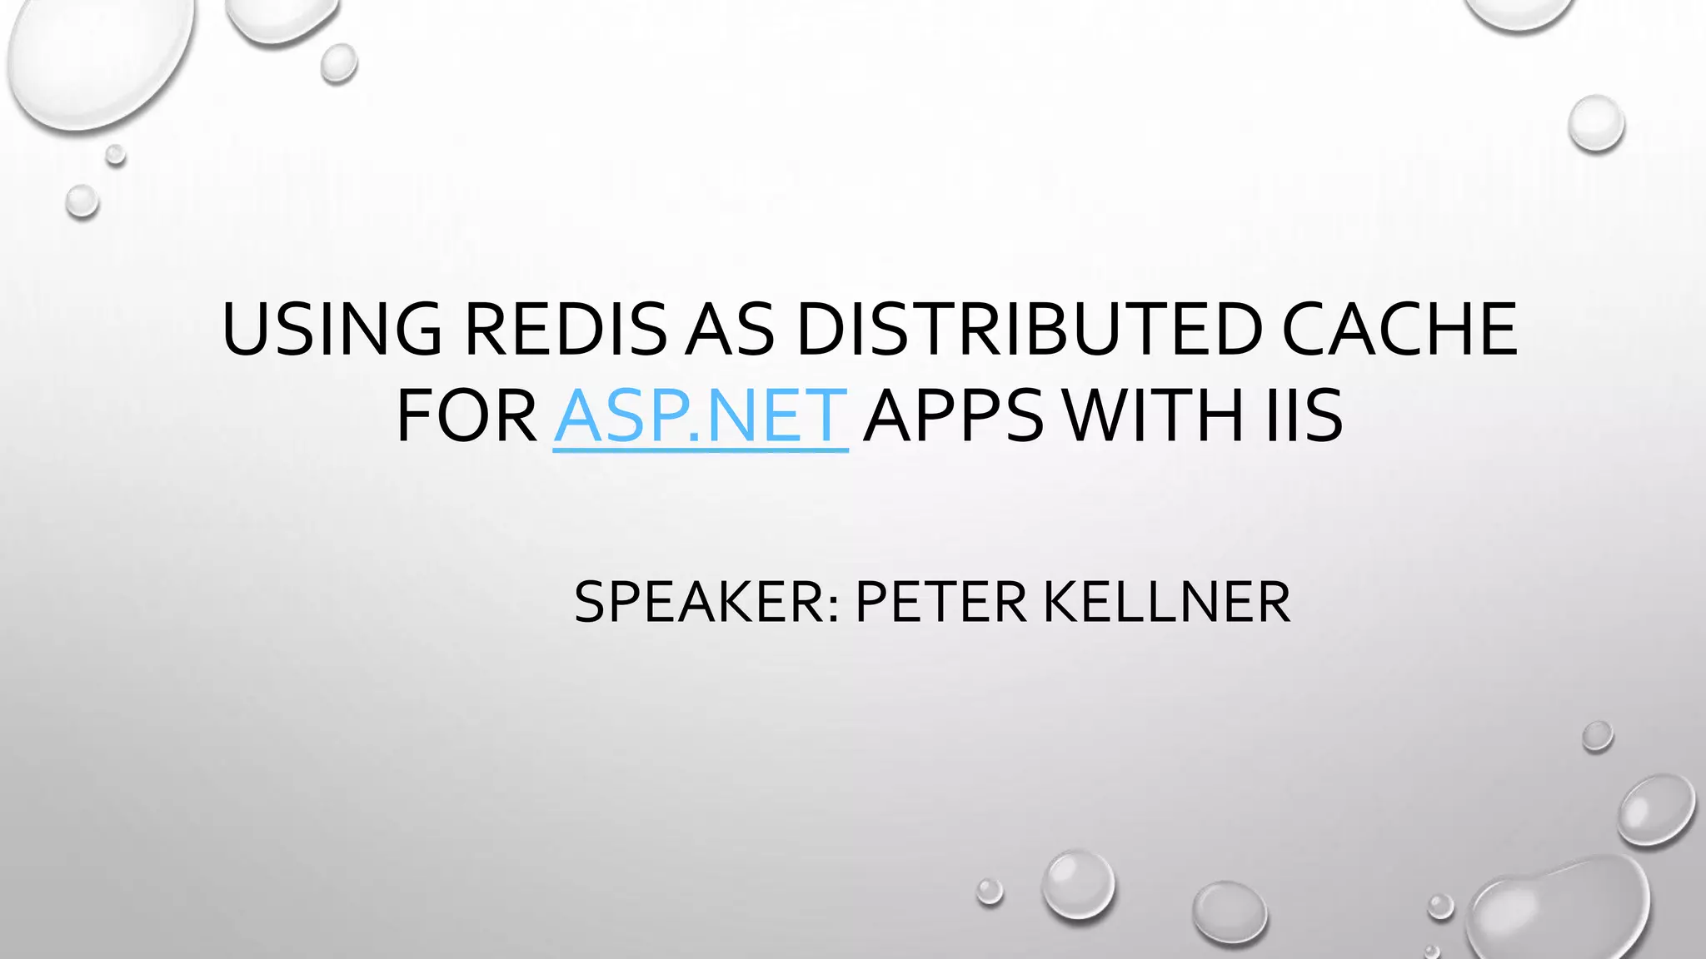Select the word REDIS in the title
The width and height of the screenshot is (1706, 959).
(566, 329)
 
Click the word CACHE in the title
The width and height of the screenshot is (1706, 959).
(1399, 329)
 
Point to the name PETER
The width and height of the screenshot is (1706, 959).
(940, 602)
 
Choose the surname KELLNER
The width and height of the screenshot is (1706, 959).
(1166, 602)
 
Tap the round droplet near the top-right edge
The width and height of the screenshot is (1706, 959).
(1596, 123)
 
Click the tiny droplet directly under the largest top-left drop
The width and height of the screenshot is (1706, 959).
(116, 155)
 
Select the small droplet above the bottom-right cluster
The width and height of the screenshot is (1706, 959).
(1597, 736)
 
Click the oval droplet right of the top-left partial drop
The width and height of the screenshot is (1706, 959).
(339, 63)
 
